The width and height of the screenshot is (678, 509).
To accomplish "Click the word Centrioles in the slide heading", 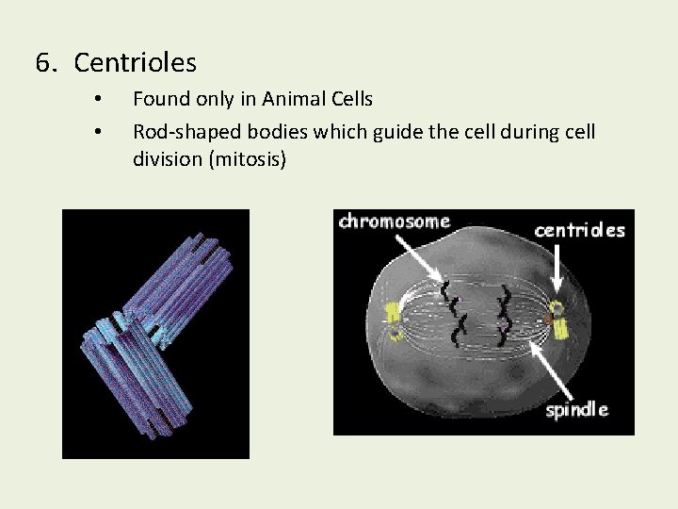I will tap(135, 63).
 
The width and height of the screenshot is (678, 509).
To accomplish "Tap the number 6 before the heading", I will tap(43, 63).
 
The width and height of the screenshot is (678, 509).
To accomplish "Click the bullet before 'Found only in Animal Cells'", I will tap(98, 99).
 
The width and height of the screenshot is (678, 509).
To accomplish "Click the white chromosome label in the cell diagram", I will tap(394, 222).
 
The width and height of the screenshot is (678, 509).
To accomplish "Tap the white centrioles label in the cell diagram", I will tap(579, 230).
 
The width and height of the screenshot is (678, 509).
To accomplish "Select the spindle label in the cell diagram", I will tap(576, 409).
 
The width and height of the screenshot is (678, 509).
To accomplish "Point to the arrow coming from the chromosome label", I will tap(418, 256).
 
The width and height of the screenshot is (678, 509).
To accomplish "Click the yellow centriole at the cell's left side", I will tap(390, 318).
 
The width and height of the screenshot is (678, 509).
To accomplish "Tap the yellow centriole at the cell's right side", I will tap(558, 320).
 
